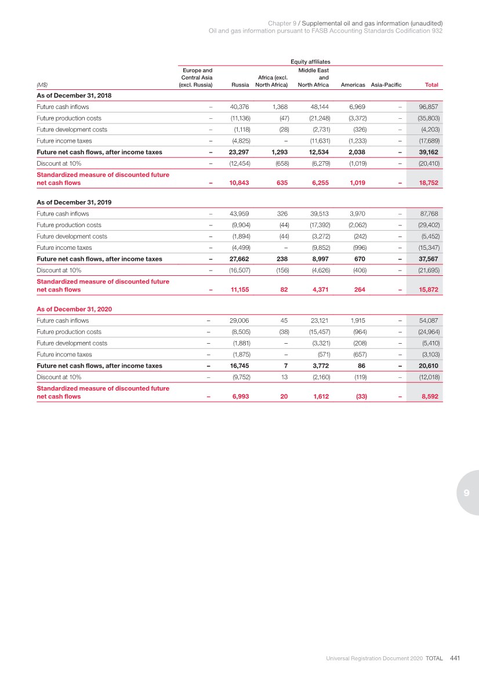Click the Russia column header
240,85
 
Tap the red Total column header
431,85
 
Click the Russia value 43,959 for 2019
239,213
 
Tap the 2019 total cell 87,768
428,213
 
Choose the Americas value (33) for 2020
360,396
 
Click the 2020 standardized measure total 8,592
429,396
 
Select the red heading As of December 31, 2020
74,309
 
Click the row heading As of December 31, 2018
74,95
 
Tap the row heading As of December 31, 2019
74,202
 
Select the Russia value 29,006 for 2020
239,321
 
